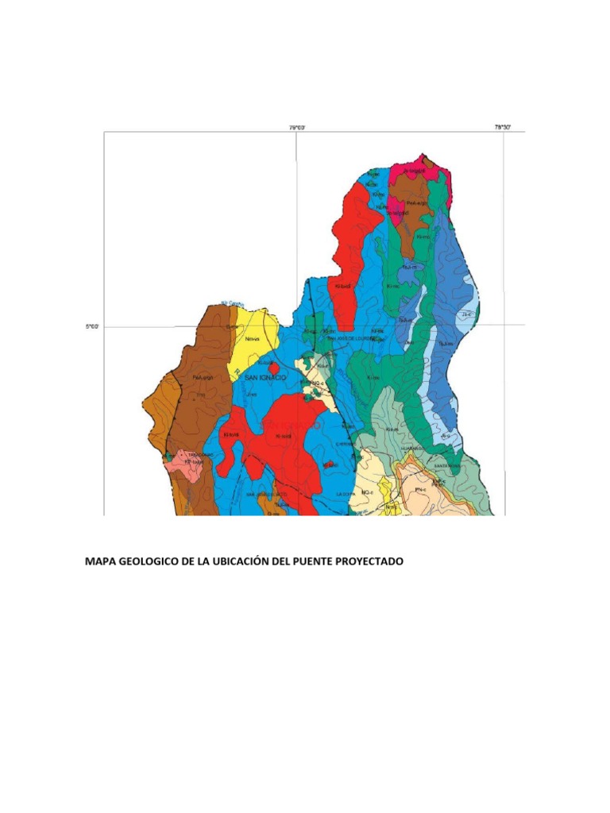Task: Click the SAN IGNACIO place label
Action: pyautogui.click(x=265, y=377)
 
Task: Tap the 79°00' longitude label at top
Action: pyautogui.click(x=297, y=126)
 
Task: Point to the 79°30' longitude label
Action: pyautogui.click(x=504, y=126)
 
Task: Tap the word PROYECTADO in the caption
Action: pyautogui.click(x=369, y=561)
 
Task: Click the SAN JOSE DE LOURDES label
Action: pyautogui.click(x=354, y=337)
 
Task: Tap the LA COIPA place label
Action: pyautogui.click(x=345, y=493)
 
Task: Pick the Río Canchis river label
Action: pyautogui.click(x=233, y=302)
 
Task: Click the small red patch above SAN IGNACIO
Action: pyautogui.click(x=273, y=368)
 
